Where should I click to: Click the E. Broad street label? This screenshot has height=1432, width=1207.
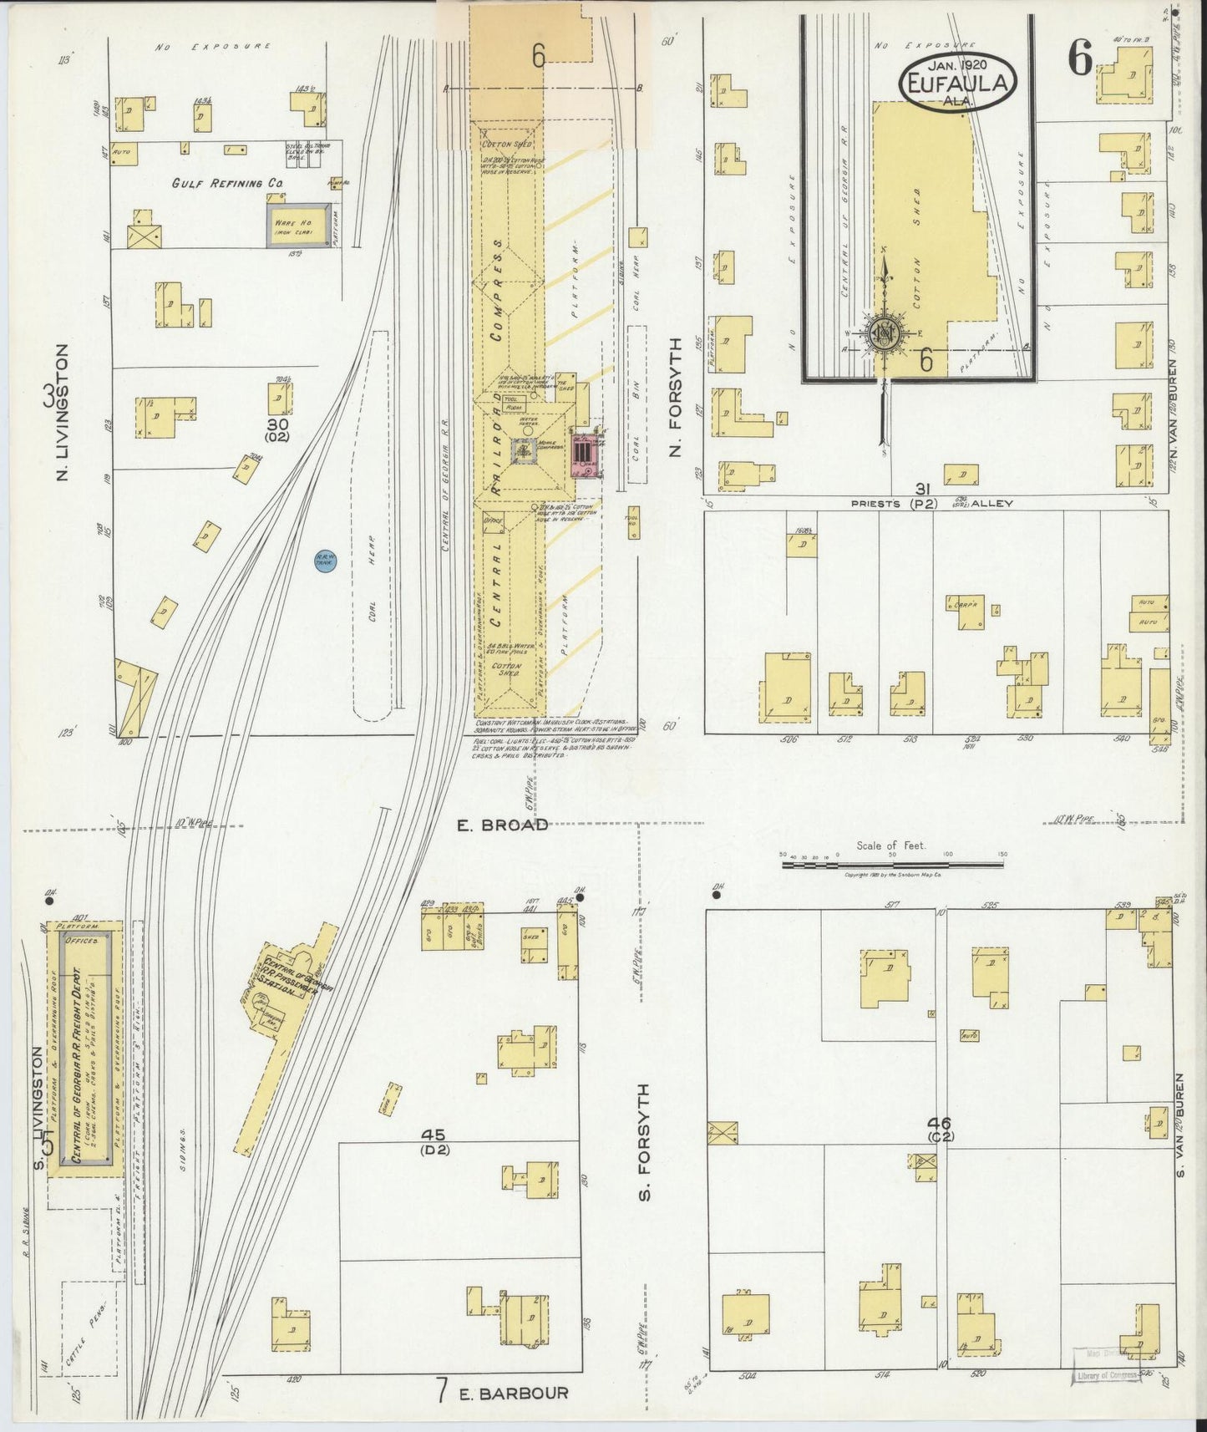[x=502, y=825]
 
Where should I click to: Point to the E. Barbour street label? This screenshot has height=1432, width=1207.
[x=513, y=1393]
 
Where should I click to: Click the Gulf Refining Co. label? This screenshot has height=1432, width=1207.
[x=216, y=183]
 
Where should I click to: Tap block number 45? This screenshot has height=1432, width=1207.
[x=434, y=1135]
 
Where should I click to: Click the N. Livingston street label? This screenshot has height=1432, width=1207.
[x=60, y=414]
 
